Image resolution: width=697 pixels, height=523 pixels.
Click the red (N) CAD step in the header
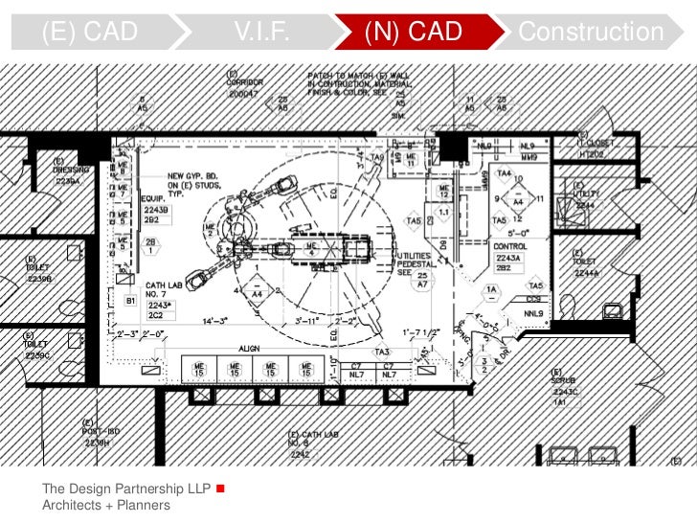point(414,32)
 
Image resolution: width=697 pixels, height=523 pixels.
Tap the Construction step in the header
point(590,32)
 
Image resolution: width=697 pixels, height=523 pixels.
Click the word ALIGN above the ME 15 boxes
point(249,350)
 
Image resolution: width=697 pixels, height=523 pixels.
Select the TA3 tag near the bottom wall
point(383,351)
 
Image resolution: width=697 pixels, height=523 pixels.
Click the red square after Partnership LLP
point(221,489)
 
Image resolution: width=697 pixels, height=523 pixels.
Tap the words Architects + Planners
point(105,505)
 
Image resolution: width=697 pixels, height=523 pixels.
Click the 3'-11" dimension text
point(306,321)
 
